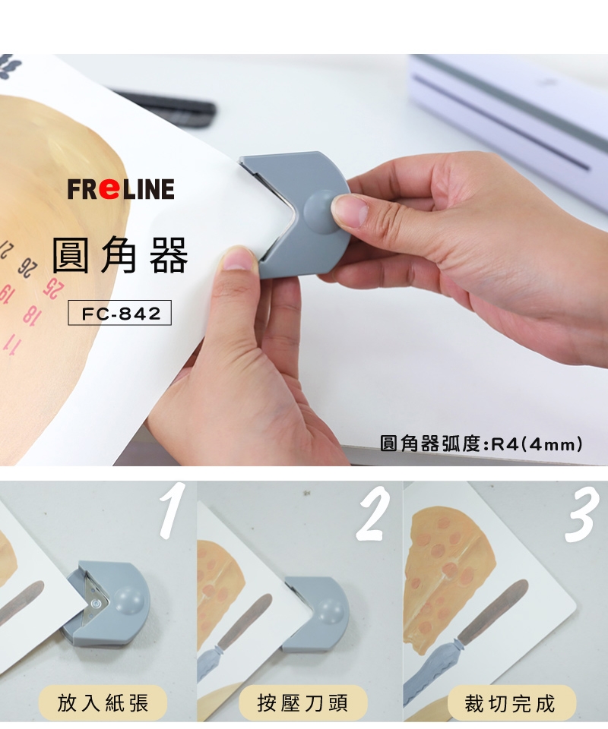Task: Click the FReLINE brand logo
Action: [x=121, y=189]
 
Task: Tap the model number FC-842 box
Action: [x=119, y=313]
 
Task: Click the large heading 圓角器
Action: [x=120, y=255]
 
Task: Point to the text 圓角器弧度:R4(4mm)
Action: [x=481, y=443]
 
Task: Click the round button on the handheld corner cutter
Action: [x=321, y=212]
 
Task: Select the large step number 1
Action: [x=171, y=510]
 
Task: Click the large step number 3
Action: [x=581, y=514]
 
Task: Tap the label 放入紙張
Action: [x=103, y=702]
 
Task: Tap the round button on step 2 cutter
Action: [x=331, y=610]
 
